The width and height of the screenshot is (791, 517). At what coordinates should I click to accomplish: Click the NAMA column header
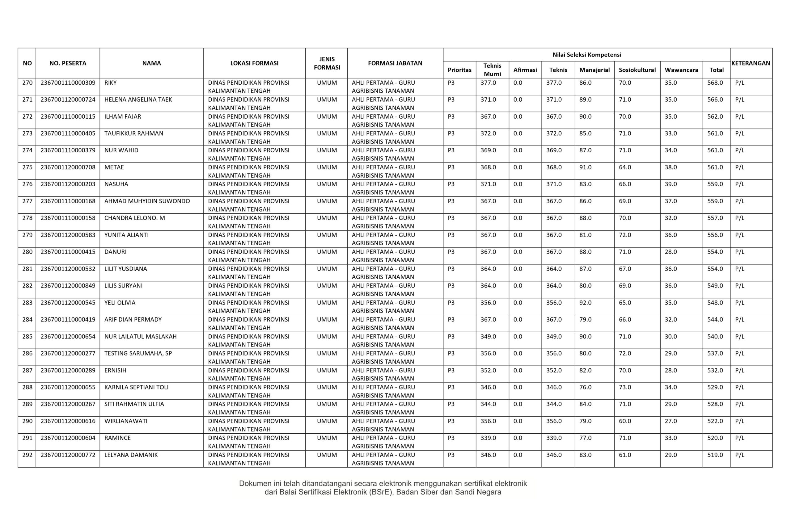151,63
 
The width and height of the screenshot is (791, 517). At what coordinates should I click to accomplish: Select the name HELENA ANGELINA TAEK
138,99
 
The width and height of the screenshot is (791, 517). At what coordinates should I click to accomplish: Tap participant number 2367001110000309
68,82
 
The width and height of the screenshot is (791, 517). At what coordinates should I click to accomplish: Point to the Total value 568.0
715,82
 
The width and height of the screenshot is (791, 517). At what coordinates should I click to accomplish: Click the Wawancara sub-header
681,70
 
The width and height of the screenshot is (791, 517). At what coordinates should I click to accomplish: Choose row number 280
27,251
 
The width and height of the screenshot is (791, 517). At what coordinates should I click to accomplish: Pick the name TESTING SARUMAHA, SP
138,353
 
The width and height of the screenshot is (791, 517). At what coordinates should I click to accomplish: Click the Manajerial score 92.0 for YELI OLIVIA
585,302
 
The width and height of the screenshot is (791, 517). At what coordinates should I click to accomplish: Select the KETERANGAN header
751,63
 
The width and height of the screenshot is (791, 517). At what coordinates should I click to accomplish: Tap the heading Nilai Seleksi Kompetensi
586,54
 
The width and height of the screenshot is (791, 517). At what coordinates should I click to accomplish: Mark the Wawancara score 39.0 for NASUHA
671,184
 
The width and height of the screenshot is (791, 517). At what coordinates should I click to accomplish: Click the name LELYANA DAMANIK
131,455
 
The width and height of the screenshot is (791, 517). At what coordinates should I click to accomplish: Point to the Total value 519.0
715,455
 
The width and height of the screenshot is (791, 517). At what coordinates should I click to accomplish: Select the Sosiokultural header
637,70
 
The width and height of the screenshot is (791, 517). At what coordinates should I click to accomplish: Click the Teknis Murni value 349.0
488,336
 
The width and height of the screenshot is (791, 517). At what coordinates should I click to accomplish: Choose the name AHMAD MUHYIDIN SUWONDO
147,201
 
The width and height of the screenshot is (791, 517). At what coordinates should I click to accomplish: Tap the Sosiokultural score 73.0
625,387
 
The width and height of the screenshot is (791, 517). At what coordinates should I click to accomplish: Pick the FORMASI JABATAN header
395,63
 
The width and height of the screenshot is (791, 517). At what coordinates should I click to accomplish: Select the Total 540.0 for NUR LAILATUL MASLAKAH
715,336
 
